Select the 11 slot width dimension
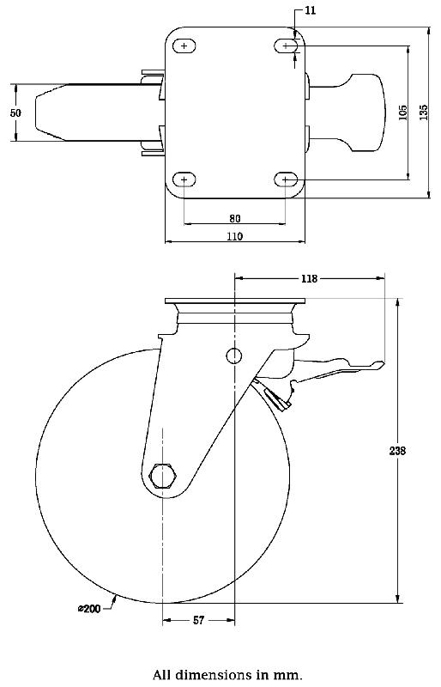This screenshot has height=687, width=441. click(311, 11)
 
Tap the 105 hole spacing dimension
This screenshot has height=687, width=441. click(403, 112)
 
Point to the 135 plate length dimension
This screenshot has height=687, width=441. click(423, 112)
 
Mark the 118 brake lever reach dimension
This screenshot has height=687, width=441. click(310, 278)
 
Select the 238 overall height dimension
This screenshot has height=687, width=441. click(397, 449)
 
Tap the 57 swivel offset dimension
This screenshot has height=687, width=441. click(197, 620)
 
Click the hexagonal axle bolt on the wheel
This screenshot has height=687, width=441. click(162, 475)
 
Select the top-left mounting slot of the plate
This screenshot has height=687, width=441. click(184, 46)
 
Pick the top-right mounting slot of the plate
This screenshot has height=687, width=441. click(286, 46)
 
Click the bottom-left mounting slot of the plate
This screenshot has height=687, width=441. click(184, 179)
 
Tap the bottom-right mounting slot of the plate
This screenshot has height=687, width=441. click(286, 179)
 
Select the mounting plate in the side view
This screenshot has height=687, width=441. click(234, 304)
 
